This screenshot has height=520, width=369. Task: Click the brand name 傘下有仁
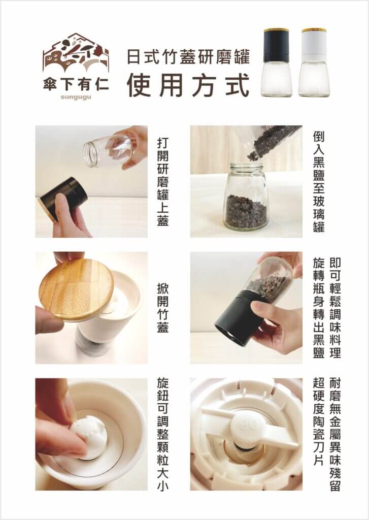coord(76,84)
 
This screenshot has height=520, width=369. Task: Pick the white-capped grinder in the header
coord(314,62)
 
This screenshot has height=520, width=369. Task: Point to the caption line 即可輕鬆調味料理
coord(336,308)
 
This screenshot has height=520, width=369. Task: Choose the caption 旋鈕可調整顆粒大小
coord(161,434)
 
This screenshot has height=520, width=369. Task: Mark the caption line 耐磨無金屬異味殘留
coord(336,434)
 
